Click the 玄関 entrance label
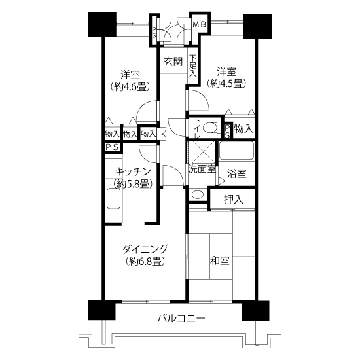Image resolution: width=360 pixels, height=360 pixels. (x=173, y=62)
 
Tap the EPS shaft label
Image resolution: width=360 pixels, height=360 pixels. (x=154, y=29)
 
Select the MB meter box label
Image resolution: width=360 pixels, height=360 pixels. (x=200, y=24)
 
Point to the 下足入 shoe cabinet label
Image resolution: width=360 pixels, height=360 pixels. (x=193, y=65)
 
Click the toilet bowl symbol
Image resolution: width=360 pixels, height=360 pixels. (x=209, y=128)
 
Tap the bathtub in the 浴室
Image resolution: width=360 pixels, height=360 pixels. (x=237, y=151)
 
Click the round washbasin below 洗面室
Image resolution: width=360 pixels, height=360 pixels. (x=198, y=195)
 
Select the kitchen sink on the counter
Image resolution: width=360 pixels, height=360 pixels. (x=114, y=198)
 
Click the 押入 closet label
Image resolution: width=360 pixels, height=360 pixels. (x=234, y=199)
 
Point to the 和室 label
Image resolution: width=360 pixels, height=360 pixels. (x=220, y=261)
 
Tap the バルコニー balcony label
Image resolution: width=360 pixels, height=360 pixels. (x=181, y=319)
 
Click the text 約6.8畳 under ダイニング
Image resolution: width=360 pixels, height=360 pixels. (x=145, y=261)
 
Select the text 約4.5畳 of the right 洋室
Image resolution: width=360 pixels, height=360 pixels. (x=226, y=83)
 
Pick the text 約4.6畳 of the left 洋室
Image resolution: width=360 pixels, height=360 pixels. (x=130, y=87)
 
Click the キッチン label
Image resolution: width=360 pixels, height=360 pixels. (x=133, y=171)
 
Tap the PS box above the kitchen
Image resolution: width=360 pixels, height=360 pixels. (x=113, y=147)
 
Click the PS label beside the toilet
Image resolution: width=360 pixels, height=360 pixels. (x=227, y=132)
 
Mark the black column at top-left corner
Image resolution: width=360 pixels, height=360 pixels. (x=102, y=25)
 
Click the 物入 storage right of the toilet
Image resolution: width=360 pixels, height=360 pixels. (x=243, y=128)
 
